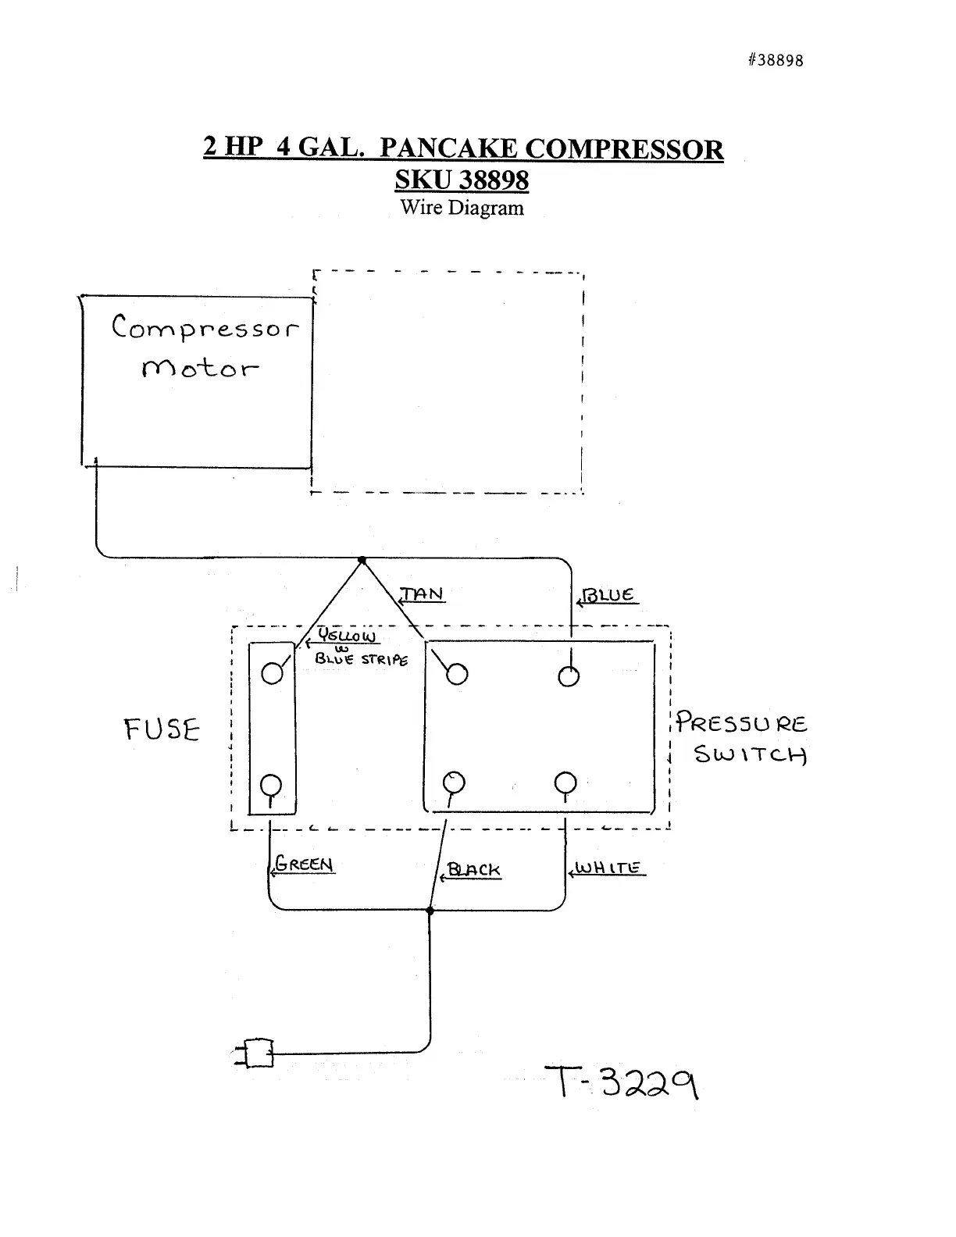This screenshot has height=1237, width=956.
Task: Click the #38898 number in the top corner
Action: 775,60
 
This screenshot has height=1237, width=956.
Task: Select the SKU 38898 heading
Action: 462,180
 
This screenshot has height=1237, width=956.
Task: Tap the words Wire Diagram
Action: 462,208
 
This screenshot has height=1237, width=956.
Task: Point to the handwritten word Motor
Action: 200,368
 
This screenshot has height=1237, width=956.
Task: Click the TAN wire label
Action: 423,594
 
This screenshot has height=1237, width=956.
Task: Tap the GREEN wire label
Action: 305,864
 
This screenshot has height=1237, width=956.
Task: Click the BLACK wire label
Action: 473,870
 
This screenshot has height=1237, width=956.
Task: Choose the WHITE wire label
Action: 608,868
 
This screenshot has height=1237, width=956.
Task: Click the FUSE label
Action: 162,730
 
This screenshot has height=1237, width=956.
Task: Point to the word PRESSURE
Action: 741,722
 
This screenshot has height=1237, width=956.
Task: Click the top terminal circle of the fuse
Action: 272,672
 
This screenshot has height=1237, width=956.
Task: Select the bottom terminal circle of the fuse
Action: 271,784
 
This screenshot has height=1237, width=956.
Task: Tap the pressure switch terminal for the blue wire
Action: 569,676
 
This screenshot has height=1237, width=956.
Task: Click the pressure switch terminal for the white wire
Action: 565,782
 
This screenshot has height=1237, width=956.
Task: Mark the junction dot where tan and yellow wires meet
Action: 362,560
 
